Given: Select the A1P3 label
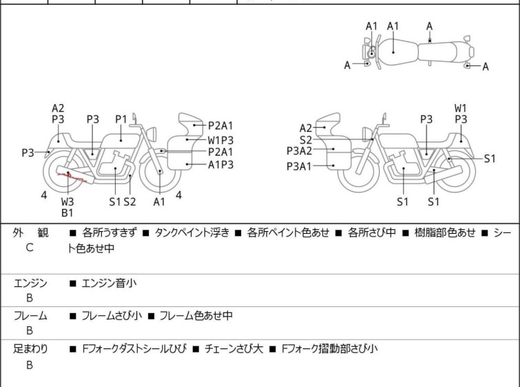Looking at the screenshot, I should (222, 164).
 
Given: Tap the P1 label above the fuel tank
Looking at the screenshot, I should (121, 119).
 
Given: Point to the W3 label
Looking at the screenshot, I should (67, 201).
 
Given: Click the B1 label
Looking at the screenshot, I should (67, 213).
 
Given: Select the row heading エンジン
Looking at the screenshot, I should (30, 283).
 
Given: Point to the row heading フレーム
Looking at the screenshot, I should (30, 316).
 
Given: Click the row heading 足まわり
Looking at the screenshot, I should (30, 349).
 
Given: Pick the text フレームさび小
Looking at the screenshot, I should (112, 316).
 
